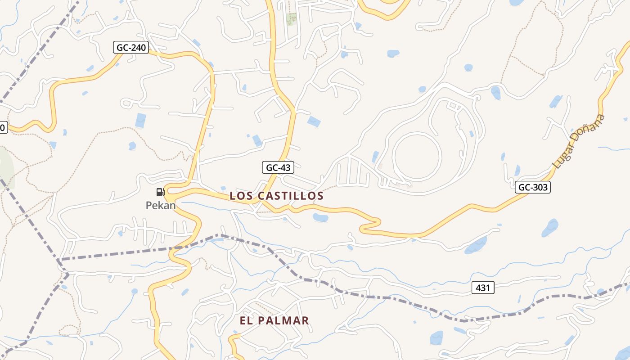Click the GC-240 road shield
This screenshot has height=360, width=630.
point(131,47)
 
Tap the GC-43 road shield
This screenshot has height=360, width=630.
point(278,167)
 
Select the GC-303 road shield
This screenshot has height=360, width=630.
point(533,187)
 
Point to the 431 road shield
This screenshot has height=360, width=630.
point(483,288)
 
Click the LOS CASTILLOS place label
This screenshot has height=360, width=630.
point(276,196)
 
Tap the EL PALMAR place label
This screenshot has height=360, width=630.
point(274,320)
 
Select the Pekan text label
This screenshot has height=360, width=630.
point(160,205)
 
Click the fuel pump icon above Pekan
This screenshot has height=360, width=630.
point(160,192)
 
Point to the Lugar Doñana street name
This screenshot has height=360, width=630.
point(579,142)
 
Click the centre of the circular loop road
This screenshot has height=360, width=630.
point(417,156)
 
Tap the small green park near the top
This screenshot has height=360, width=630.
point(292,19)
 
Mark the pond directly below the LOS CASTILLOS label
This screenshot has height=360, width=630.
point(320,218)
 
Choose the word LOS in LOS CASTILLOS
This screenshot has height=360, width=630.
point(239,196)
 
